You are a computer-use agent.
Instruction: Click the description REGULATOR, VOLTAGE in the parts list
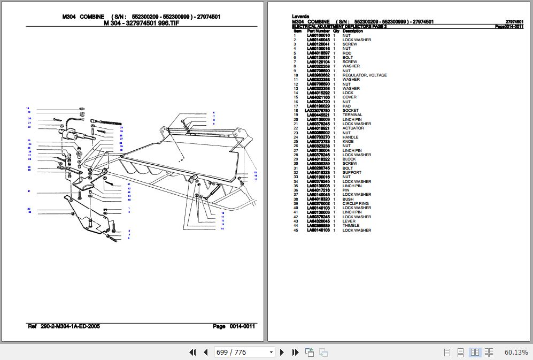click(364, 75)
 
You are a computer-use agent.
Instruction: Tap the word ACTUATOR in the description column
click(353, 128)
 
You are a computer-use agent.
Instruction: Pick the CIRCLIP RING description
click(355, 204)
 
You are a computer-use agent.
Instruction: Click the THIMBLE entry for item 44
click(351, 226)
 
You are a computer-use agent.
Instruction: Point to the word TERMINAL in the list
click(352, 115)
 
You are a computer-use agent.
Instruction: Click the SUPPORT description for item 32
click(352, 173)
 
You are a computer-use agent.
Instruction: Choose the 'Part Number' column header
click(318, 31)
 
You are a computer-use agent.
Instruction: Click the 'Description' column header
click(352, 31)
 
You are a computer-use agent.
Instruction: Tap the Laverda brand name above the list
click(300, 17)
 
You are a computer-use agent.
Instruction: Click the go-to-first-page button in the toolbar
click(193, 352)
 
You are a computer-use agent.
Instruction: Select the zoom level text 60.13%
click(515, 352)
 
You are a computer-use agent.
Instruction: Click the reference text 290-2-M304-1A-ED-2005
click(69, 326)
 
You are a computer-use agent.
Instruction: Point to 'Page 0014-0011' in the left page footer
click(234, 326)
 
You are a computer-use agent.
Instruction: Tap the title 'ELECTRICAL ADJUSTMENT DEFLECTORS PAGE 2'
click(339, 26)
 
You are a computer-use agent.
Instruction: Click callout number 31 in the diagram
click(29, 191)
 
